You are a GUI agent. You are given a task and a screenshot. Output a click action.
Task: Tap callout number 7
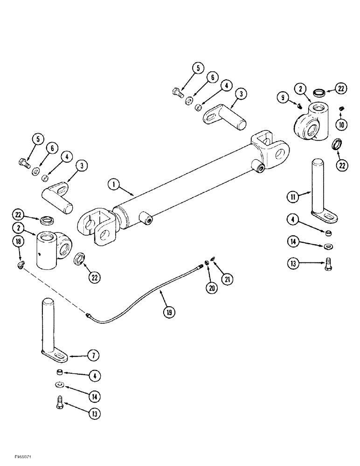tap(94, 355)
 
